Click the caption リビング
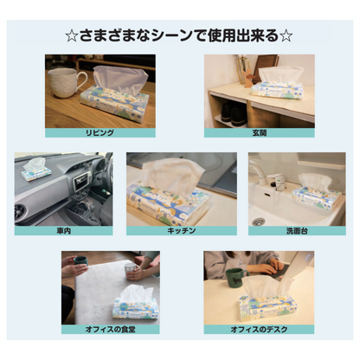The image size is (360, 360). click(x=100, y=133)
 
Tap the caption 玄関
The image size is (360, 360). click(x=260, y=133)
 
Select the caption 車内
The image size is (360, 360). click(x=63, y=231)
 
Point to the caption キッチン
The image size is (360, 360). click(x=182, y=231)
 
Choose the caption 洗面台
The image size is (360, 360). click(x=297, y=231)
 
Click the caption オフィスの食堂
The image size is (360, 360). click(x=110, y=329)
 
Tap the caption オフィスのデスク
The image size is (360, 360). click(x=259, y=329)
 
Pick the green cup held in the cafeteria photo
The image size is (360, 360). click(x=80, y=260)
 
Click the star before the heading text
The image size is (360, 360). click(x=72, y=36)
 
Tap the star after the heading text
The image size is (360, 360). click(x=286, y=36)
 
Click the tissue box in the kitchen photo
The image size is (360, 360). click(x=169, y=196)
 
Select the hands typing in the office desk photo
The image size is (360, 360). click(x=272, y=267)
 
